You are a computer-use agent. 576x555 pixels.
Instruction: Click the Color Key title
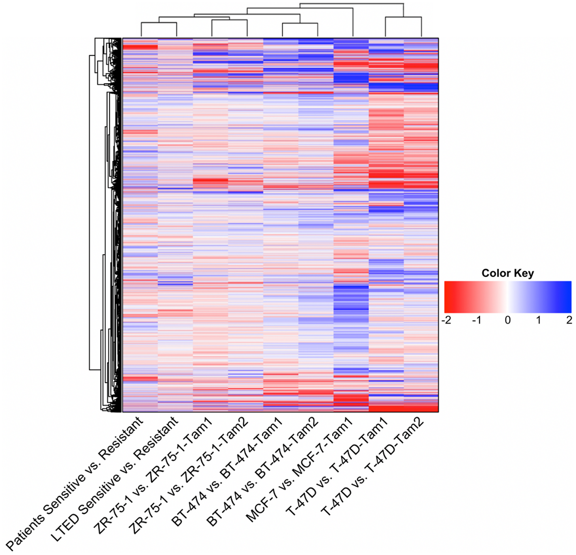(x=507, y=273)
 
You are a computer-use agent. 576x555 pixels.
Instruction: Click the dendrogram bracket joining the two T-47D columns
(x=403, y=17)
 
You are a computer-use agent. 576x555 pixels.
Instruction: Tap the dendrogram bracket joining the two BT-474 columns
(x=300, y=23)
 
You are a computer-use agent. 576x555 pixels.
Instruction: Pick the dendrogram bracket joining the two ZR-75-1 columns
(x=230, y=20)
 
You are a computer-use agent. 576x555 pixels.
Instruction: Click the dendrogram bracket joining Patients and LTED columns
(x=159, y=23)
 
